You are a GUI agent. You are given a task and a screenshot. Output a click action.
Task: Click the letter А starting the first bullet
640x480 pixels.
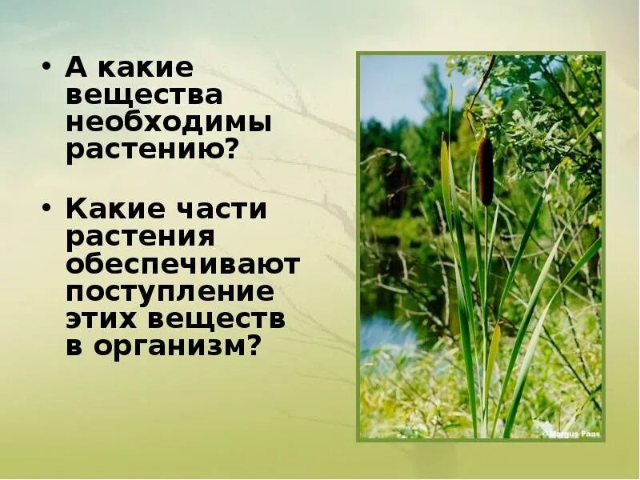click(76, 67)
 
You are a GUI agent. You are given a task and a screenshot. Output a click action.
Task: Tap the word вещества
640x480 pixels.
click(144, 96)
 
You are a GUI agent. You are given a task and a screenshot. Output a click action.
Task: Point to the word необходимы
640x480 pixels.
click(169, 123)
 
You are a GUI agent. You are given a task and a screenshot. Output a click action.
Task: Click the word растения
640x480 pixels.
click(141, 238)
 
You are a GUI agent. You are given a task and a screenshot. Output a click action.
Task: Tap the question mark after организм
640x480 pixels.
click(255, 347)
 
